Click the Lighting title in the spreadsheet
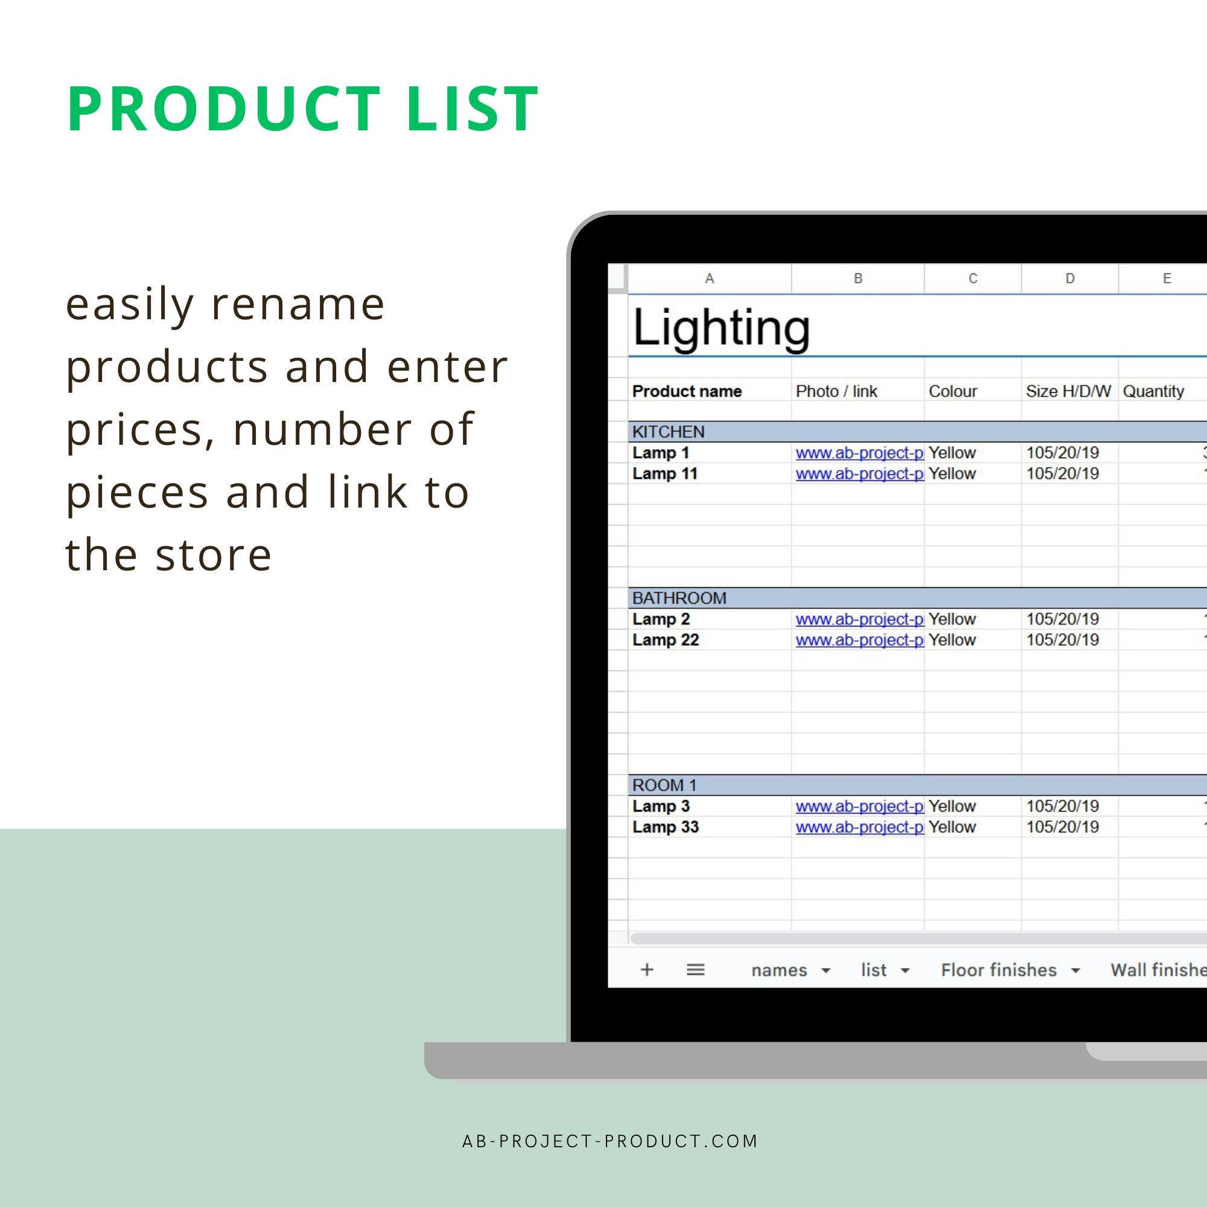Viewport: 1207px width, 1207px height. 721,327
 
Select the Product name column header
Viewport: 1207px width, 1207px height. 687,391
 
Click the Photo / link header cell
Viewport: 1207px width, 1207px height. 836,391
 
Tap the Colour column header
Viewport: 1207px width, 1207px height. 952,391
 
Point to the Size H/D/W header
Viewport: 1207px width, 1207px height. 1068,391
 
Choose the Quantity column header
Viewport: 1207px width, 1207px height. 1153,391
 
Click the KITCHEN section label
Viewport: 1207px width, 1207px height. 668,432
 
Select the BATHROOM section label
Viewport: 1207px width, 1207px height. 679,598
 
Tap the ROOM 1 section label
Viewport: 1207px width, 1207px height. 664,785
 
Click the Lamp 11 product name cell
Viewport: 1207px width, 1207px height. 664,474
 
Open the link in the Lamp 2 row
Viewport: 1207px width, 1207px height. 859,619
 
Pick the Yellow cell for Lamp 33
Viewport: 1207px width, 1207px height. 952,827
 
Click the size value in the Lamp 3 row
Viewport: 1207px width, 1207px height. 1062,806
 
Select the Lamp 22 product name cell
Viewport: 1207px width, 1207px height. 665,640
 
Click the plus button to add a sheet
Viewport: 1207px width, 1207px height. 646,970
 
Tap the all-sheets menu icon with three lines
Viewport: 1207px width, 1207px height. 695,970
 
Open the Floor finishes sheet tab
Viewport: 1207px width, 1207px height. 998,970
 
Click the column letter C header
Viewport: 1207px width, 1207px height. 973,279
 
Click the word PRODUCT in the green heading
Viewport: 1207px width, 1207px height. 225,109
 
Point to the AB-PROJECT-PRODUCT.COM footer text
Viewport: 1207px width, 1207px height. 610,1141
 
